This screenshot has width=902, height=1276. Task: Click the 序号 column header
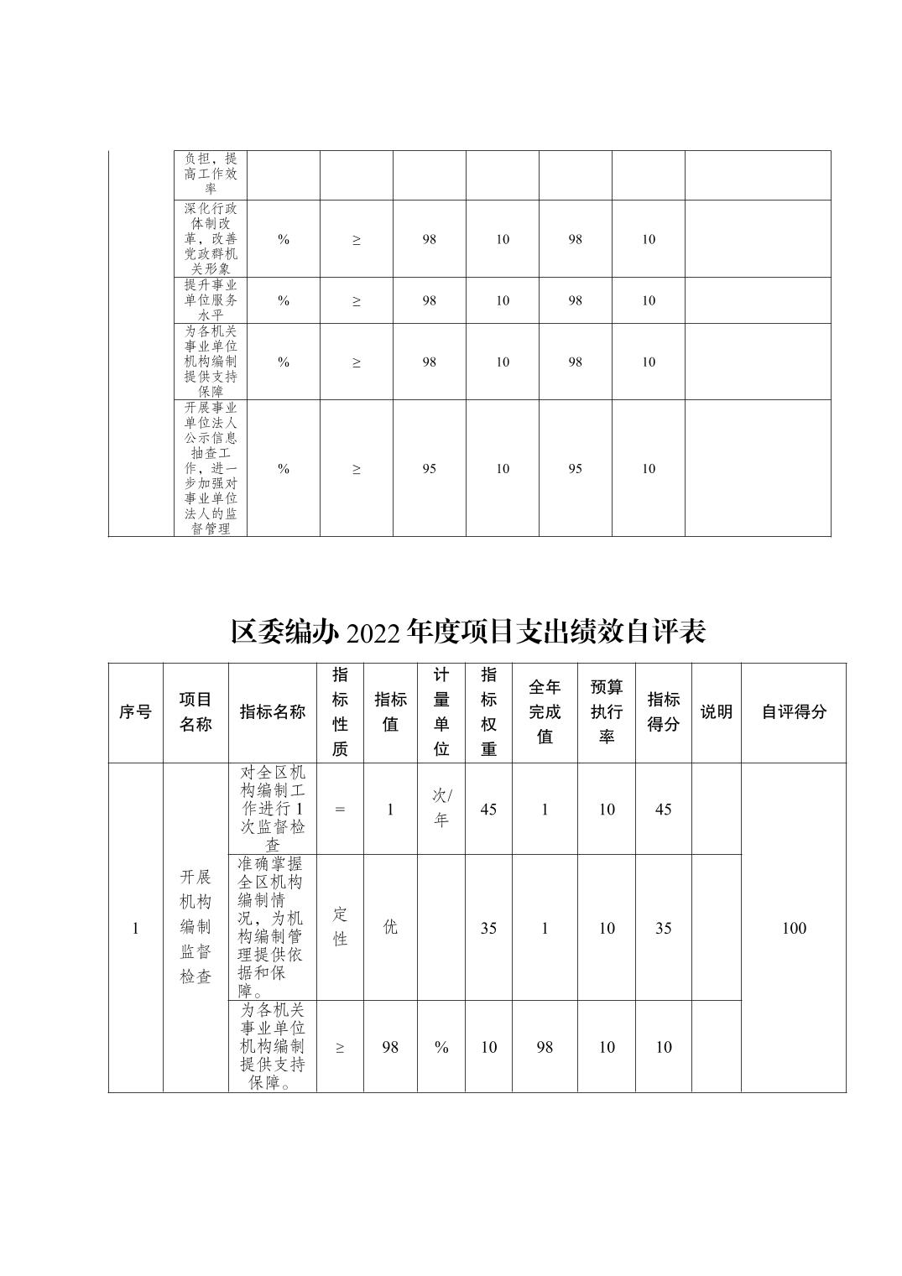(x=135, y=711)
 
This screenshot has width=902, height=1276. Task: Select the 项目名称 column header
(x=196, y=711)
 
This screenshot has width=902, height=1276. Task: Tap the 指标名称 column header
(x=273, y=711)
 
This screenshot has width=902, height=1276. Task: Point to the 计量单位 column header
(x=441, y=711)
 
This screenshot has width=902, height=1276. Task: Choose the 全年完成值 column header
(x=545, y=711)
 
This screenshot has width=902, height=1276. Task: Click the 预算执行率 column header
(x=607, y=711)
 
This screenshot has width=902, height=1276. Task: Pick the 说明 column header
(x=717, y=711)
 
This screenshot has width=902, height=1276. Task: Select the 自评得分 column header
(x=794, y=711)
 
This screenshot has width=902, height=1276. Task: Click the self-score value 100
(x=794, y=928)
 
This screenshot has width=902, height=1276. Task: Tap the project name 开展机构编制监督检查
(x=196, y=926)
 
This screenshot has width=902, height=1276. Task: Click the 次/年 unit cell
(x=441, y=808)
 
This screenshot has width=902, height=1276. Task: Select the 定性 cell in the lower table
(x=340, y=926)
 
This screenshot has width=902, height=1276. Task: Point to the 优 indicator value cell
(x=390, y=927)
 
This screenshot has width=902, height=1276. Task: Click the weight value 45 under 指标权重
(x=488, y=810)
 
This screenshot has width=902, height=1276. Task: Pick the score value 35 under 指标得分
(x=663, y=928)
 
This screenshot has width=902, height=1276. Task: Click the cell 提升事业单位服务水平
(x=211, y=300)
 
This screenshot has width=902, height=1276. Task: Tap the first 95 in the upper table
(x=429, y=468)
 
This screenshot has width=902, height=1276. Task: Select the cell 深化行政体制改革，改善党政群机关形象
(x=211, y=239)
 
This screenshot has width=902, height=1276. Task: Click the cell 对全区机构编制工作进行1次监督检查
(x=273, y=809)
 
